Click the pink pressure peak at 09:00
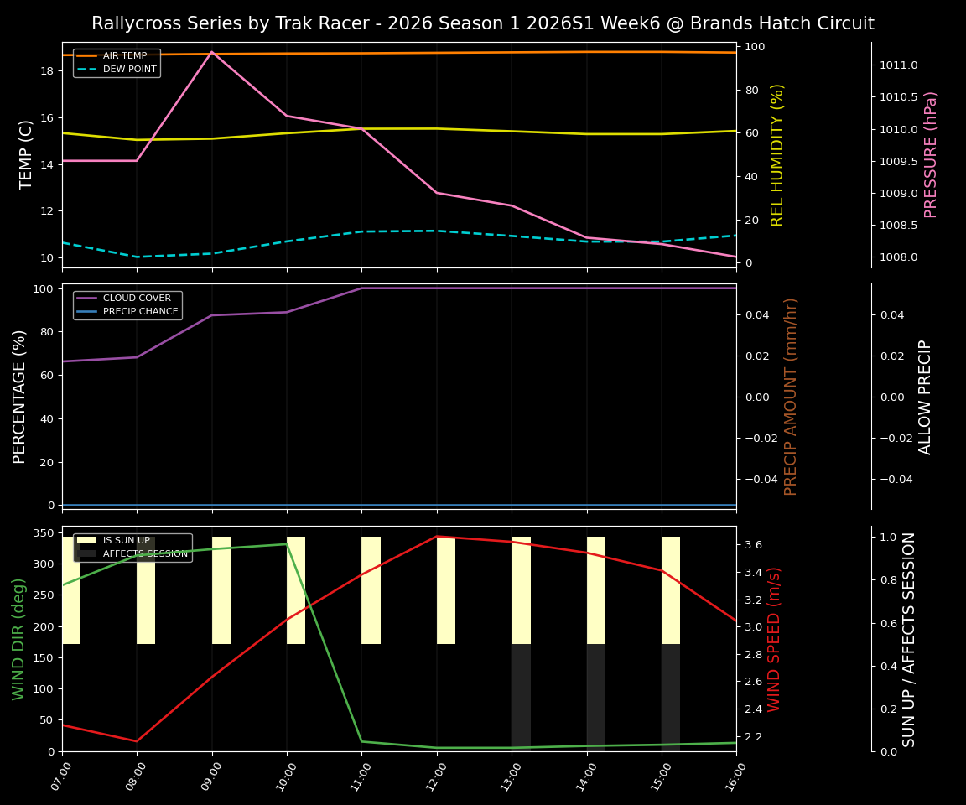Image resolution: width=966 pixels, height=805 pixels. [x=211, y=52]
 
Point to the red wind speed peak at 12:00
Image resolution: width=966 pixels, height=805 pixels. [x=437, y=537]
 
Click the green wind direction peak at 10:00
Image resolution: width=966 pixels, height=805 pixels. [x=287, y=544]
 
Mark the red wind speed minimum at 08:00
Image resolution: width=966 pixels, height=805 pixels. [x=137, y=741]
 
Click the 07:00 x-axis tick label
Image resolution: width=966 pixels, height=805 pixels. [x=56, y=779]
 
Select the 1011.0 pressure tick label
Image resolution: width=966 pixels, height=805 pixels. [x=898, y=65]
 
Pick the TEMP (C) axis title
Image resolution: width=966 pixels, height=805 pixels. [x=27, y=154]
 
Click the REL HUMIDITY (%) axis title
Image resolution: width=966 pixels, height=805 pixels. [x=777, y=154]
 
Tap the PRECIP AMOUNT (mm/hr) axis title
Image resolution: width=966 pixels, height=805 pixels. [x=791, y=396]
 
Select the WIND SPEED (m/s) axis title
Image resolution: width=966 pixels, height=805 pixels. [x=774, y=639]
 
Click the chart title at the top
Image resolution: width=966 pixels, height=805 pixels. [x=483, y=23]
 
